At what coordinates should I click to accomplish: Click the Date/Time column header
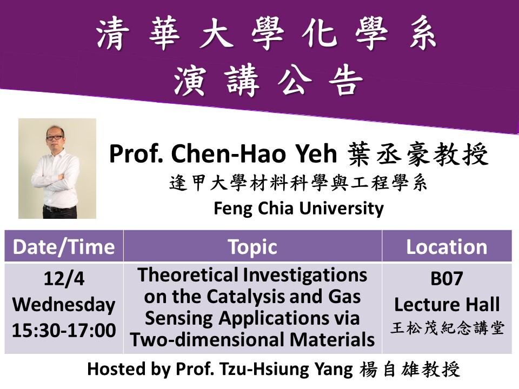click(x=64, y=247)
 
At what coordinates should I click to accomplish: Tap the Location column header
click(x=447, y=247)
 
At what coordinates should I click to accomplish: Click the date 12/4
click(x=64, y=279)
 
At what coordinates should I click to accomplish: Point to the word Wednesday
click(x=64, y=305)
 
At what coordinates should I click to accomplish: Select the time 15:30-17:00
click(x=64, y=330)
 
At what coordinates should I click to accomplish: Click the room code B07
click(x=447, y=279)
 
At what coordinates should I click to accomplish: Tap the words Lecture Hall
click(x=447, y=304)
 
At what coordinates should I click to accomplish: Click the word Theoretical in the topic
click(x=188, y=275)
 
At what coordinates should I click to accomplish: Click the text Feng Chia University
click(x=298, y=209)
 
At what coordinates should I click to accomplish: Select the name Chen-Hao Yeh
click(x=254, y=153)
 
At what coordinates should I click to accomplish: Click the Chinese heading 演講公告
click(x=268, y=81)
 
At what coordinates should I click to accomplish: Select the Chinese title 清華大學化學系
click(x=267, y=33)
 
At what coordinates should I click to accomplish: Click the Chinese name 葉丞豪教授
click(x=418, y=154)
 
